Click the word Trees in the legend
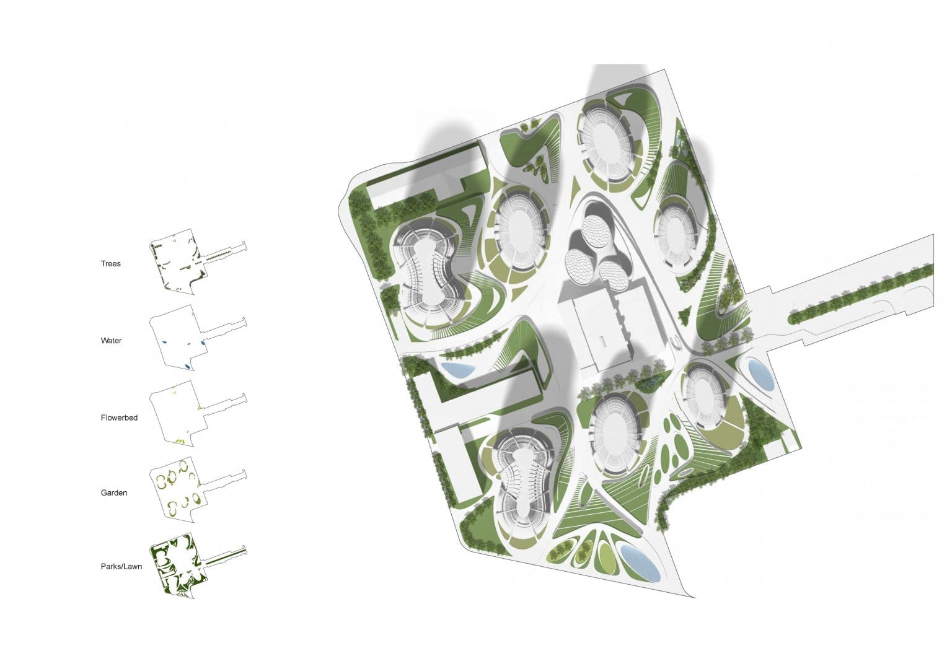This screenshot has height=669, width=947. (x=111, y=264)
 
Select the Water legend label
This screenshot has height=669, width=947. (x=111, y=341)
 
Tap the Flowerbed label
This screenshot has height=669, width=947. (x=119, y=418)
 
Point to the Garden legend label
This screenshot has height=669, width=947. (x=113, y=493)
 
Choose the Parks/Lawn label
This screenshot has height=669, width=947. (x=121, y=567)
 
